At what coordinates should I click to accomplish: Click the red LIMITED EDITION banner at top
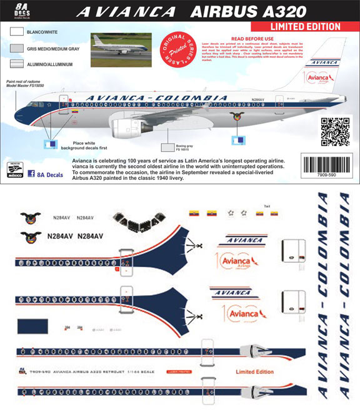pyautogui.click(x=304, y=27)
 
